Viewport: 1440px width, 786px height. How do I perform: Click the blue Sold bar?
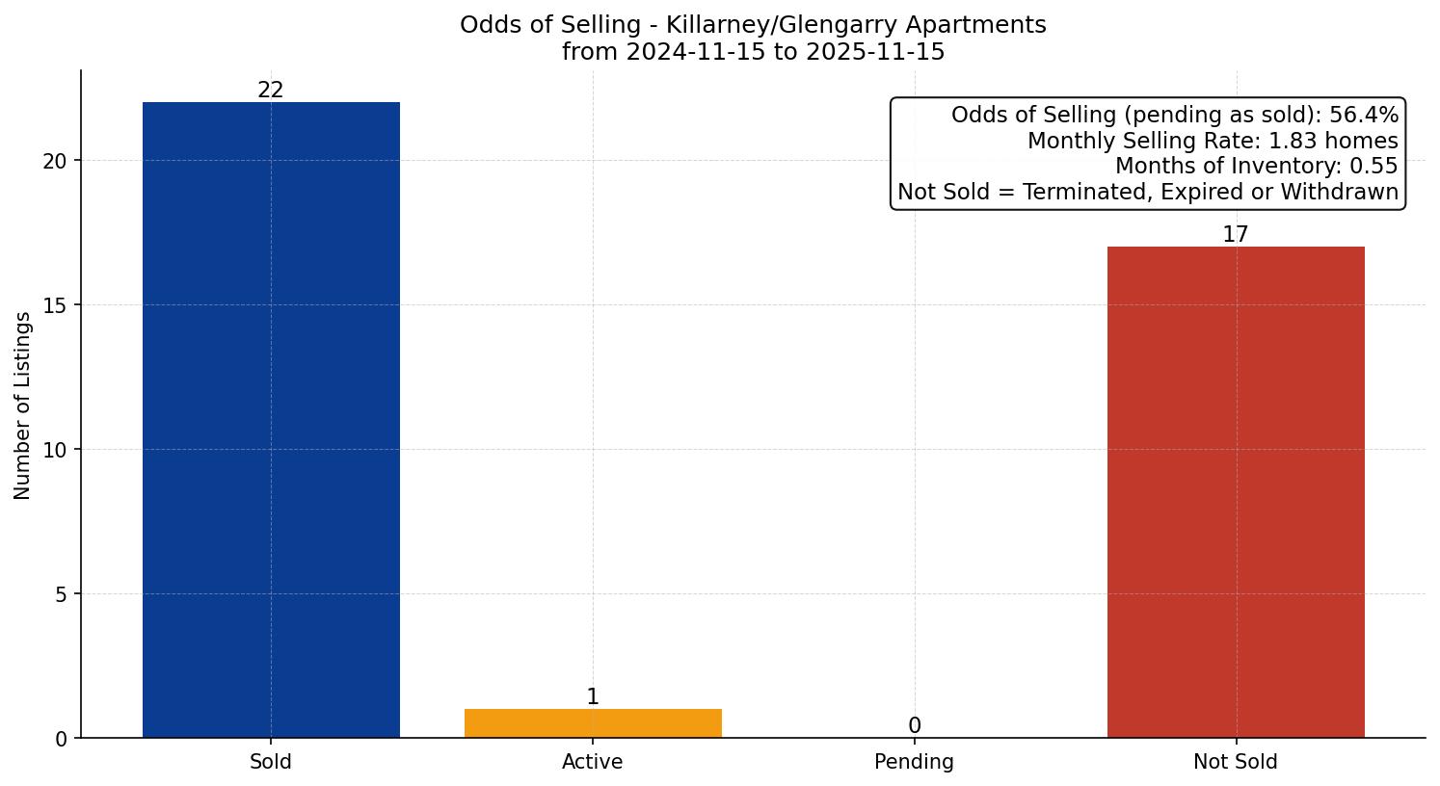[x=271, y=420]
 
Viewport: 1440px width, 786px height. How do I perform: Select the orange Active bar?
[x=593, y=723]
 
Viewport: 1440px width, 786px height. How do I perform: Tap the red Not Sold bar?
[x=1236, y=492]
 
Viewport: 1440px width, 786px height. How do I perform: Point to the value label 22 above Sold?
[x=271, y=90]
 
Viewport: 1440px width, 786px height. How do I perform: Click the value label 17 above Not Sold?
[x=1236, y=234]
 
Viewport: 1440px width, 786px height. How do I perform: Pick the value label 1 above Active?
[x=593, y=696]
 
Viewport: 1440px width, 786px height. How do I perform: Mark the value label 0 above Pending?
[x=915, y=725]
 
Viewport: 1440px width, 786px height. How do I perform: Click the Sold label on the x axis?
[x=271, y=762]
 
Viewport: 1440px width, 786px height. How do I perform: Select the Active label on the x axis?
[x=593, y=762]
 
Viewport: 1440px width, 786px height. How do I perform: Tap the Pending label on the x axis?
[x=915, y=762]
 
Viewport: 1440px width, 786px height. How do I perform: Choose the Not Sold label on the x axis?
[x=1236, y=762]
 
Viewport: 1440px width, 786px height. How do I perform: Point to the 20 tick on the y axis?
[x=55, y=161]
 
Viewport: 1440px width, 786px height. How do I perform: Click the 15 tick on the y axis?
[x=55, y=305]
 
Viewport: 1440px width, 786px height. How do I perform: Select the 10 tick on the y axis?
[x=55, y=450]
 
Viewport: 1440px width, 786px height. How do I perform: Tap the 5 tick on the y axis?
[x=61, y=594]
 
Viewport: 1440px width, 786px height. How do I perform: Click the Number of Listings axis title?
[x=23, y=406]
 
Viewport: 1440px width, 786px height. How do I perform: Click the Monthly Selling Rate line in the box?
[x=1213, y=141]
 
